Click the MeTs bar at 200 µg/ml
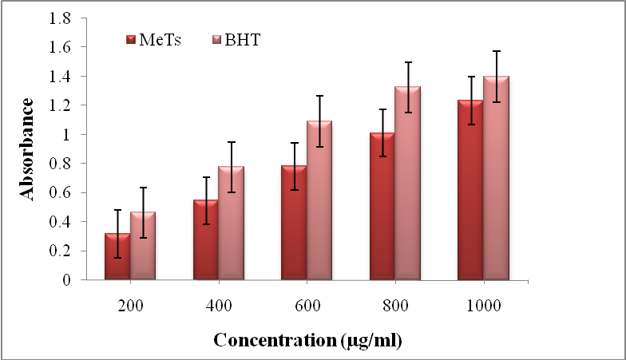[117, 257]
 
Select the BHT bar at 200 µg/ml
[143, 246]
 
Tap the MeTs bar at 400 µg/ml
[206, 239]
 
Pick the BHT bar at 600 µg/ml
[319, 200]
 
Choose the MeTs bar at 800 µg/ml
[382, 206]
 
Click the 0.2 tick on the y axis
[82, 251]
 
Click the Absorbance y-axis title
[27, 148]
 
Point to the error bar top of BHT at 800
[408, 62]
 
